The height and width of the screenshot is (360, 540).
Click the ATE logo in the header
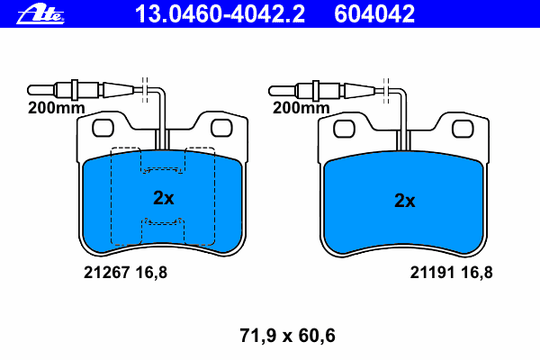coord(40,14)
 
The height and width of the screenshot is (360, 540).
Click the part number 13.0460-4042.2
coord(220,13)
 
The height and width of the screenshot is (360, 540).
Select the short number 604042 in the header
coord(374,13)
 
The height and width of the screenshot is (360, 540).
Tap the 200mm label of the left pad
coord(56,108)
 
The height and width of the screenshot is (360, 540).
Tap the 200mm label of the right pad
coord(301,108)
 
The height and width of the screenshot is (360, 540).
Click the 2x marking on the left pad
coord(164,198)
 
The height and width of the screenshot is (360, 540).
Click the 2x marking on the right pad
coord(405,200)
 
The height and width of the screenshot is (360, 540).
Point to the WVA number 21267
coord(107,273)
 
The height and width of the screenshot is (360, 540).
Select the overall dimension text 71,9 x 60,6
coord(287,335)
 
